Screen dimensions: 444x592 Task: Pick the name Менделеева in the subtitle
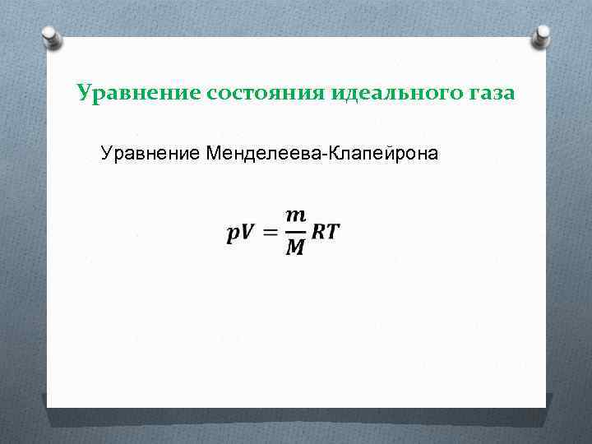coord(266,153)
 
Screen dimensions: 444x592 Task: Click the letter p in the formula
coord(233,233)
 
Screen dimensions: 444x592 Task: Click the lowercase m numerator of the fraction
coord(295,215)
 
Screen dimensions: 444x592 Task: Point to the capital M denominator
coord(295,247)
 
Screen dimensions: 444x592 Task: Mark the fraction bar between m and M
coord(295,231)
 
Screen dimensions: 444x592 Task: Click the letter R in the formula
coord(319,232)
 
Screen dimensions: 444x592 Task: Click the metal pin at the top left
coord(50,36)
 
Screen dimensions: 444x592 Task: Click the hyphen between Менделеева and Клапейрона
coord(326,155)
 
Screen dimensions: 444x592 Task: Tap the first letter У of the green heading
coord(83,93)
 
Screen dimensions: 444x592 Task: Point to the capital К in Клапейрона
coord(335,153)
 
